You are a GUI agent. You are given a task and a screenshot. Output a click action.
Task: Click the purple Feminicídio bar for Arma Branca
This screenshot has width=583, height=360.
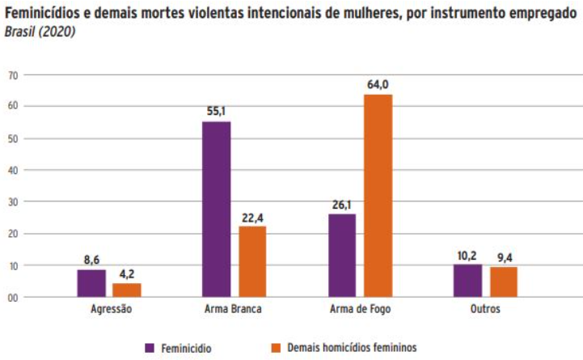click(x=216, y=209)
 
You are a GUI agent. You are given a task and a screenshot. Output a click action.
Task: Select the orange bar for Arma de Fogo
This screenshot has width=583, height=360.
click(x=378, y=195)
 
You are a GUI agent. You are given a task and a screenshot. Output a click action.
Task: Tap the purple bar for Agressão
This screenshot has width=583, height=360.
click(x=91, y=283)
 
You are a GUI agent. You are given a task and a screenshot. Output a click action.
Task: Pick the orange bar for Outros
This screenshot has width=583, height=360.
click(x=503, y=282)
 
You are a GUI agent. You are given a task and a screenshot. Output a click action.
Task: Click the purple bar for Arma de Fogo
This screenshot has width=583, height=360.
click(x=342, y=255)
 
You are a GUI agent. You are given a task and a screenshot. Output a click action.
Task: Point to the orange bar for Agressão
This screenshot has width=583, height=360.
click(x=127, y=290)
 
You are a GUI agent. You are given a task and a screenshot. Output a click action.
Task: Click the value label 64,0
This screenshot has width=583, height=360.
click(x=378, y=84)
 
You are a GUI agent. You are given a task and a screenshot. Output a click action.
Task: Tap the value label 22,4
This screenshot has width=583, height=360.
click(x=251, y=216)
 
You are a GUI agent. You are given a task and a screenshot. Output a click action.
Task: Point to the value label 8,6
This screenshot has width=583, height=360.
click(x=91, y=260)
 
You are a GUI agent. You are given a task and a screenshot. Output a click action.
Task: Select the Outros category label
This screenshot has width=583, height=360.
click(x=485, y=310)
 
